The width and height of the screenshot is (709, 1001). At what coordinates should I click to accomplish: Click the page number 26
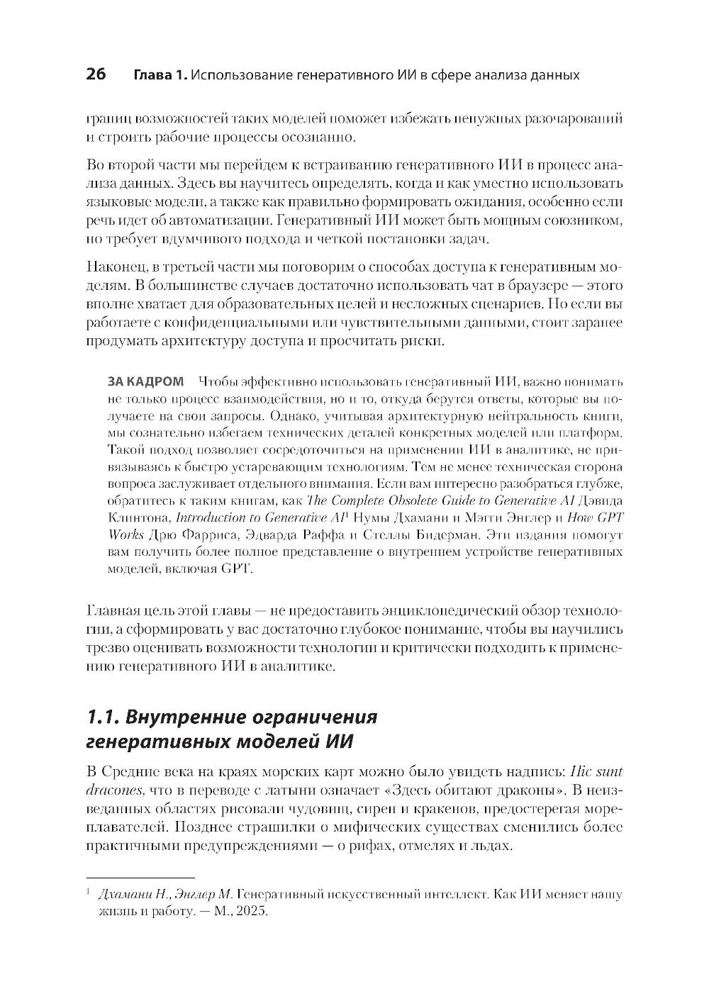pyautogui.click(x=96, y=74)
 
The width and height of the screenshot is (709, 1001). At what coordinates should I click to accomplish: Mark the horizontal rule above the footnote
pyautogui.click(x=140, y=878)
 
